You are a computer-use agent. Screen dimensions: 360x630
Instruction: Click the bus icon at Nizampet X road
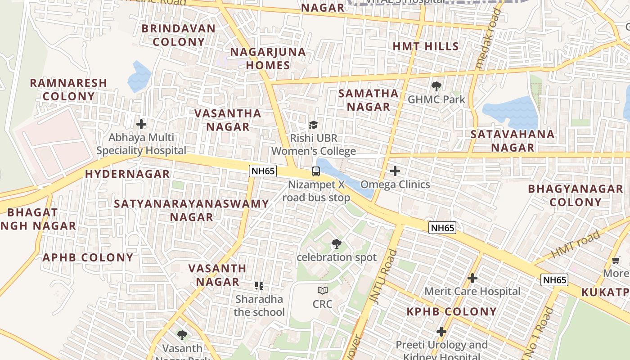(x=316, y=171)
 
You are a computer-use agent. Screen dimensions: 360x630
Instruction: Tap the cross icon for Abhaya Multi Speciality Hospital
(x=141, y=124)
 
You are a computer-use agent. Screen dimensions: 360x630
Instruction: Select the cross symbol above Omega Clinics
(x=395, y=171)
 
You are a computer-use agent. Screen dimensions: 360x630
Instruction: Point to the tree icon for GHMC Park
(x=436, y=86)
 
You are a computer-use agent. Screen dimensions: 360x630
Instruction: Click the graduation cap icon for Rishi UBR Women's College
(x=313, y=125)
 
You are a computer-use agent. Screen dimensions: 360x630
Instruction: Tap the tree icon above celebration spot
(x=336, y=244)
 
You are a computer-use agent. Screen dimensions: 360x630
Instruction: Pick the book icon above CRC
(x=322, y=291)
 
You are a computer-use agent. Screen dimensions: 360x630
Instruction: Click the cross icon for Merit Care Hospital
(x=472, y=278)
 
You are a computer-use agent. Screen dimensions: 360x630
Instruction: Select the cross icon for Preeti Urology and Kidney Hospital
(x=441, y=332)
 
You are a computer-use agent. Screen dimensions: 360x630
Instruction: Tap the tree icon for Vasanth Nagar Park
(x=182, y=335)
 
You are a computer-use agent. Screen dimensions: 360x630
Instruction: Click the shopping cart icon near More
(x=616, y=260)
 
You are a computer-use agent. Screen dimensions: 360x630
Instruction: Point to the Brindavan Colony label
(x=179, y=35)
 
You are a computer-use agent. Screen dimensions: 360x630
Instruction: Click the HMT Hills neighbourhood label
(x=425, y=46)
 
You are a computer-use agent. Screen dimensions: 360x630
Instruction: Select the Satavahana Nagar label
(x=513, y=141)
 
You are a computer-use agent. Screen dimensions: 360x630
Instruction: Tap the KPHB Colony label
(x=451, y=311)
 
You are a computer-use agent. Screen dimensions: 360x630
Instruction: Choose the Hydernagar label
(x=127, y=174)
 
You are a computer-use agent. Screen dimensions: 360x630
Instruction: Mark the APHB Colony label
(x=88, y=258)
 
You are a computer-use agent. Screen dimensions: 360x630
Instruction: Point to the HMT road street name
(x=576, y=244)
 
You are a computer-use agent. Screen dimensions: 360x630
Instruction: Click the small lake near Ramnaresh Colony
(x=139, y=77)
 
